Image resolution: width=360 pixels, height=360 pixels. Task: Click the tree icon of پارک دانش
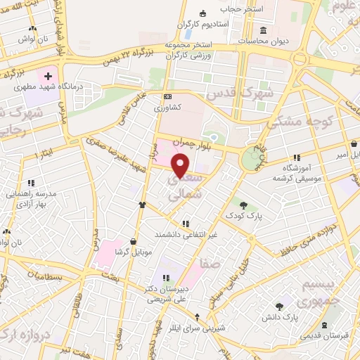(280, 306)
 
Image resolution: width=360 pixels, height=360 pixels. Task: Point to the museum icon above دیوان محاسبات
(263, 30)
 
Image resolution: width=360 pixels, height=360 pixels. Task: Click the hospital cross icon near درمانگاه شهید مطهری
(48, 75)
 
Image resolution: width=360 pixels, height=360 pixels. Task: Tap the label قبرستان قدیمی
(324, 336)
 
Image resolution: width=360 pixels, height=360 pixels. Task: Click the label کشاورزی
(168, 108)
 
